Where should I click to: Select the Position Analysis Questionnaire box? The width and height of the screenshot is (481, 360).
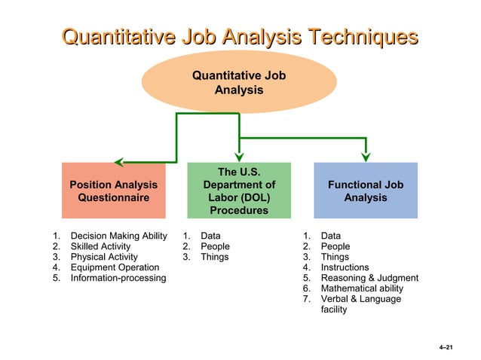(114, 191)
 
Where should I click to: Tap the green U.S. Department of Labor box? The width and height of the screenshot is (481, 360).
(238, 191)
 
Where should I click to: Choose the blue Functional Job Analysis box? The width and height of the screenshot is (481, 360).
(365, 191)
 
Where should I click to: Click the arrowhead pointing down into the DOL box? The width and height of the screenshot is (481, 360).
(238, 156)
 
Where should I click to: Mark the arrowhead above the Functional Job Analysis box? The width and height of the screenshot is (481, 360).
(366, 156)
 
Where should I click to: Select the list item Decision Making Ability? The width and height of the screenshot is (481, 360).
(118, 236)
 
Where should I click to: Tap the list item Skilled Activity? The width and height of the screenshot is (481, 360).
(100, 246)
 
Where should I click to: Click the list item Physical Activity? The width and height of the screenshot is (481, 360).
(104, 257)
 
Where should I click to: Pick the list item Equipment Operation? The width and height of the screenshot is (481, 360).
(115, 267)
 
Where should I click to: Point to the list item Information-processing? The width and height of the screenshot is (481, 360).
(118, 278)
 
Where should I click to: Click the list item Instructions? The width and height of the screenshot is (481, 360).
(345, 267)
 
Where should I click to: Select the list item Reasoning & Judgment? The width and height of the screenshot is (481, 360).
(369, 278)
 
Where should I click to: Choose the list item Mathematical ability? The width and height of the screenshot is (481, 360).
(362, 288)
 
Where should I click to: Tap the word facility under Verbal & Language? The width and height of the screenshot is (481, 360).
(334, 310)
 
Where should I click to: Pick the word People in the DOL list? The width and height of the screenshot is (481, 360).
(215, 246)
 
